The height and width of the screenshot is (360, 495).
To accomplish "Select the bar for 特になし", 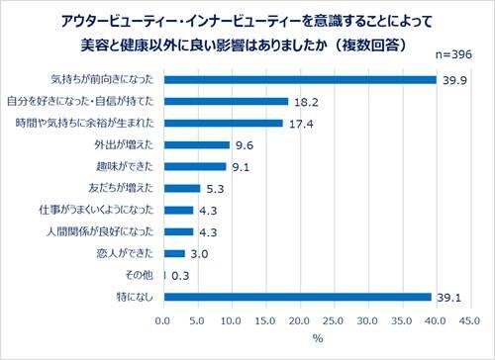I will [x=297, y=297].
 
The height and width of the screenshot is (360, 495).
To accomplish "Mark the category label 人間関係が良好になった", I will [x=103, y=231].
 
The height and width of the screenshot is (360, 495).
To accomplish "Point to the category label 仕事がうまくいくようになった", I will [x=95, y=210].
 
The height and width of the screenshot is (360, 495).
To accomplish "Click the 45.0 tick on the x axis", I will [x=468, y=321].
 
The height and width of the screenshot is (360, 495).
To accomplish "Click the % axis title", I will [x=316, y=340].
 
